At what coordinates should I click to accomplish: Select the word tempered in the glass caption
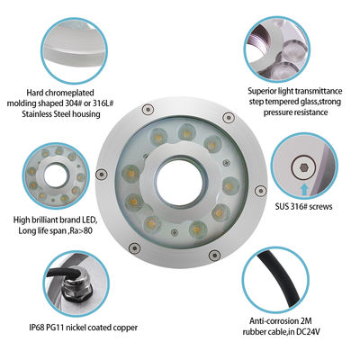[x=274, y=102]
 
